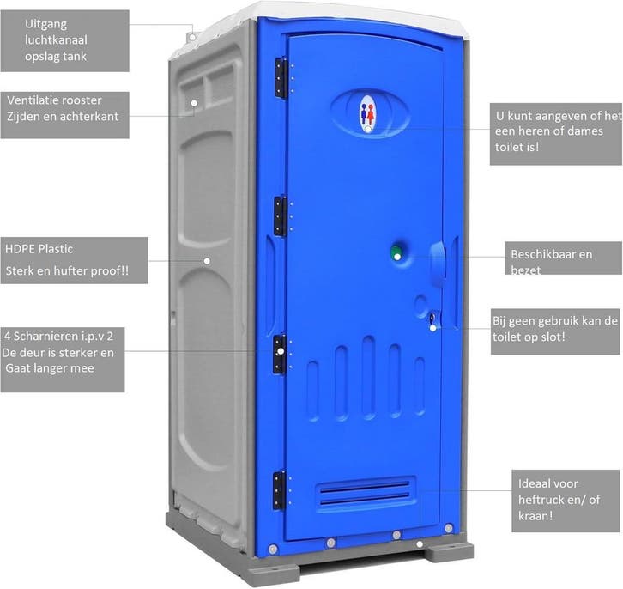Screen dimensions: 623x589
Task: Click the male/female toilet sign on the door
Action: pos(368,112)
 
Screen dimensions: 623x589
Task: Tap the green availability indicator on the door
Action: pos(396,253)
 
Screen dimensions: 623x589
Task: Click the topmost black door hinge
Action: pos(281,77)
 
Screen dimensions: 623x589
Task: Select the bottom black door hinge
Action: pos(280,490)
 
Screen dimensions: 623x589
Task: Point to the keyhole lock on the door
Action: pos(432,319)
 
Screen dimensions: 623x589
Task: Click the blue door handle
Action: pos(438,264)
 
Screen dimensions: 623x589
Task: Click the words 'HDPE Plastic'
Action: pos(39,249)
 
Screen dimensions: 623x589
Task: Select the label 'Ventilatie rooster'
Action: pos(54,100)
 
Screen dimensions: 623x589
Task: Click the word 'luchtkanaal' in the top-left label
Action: pos(56,40)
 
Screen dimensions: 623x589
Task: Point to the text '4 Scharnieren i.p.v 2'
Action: pos(58,337)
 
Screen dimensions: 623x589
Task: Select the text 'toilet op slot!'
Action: pos(529,337)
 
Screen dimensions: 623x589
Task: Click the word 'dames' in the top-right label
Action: pos(585,131)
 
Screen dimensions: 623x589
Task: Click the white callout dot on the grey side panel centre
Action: pos(207,261)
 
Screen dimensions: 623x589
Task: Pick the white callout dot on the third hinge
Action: pos(281,351)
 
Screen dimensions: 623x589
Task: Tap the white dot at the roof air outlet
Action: pos(192,37)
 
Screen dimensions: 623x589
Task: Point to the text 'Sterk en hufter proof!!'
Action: pos(67,271)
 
